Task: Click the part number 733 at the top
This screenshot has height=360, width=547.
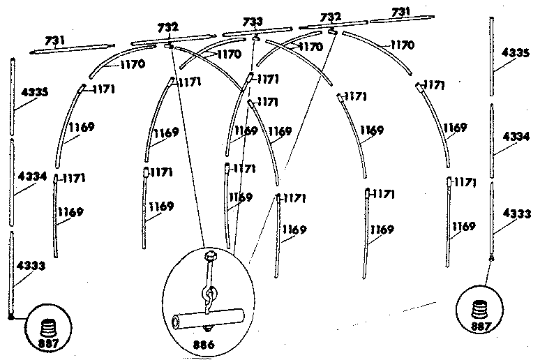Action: click(253, 22)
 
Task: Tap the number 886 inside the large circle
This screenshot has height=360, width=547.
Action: click(204, 345)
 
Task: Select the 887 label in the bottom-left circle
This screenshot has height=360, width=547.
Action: click(49, 343)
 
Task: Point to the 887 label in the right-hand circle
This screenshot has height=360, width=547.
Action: click(481, 327)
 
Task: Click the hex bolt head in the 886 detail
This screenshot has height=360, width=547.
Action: click(211, 255)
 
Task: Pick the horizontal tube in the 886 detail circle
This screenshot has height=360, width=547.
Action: click(208, 318)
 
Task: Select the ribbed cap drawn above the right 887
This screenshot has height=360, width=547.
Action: click(480, 309)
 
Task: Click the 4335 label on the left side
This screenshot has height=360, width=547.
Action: click(35, 92)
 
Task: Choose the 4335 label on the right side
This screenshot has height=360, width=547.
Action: click(516, 53)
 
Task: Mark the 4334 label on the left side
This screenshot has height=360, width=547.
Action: click(32, 176)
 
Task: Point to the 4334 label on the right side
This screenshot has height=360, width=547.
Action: click(516, 137)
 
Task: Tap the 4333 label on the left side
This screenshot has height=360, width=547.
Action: click(31, 266)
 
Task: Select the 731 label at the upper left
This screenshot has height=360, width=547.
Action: click(54, 40)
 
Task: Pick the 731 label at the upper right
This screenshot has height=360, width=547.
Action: click(400, 13)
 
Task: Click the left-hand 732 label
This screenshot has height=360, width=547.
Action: click(168, 27)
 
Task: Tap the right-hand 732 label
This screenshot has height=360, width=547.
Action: click(331, 17)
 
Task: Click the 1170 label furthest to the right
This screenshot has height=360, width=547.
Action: click(403, 45)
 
